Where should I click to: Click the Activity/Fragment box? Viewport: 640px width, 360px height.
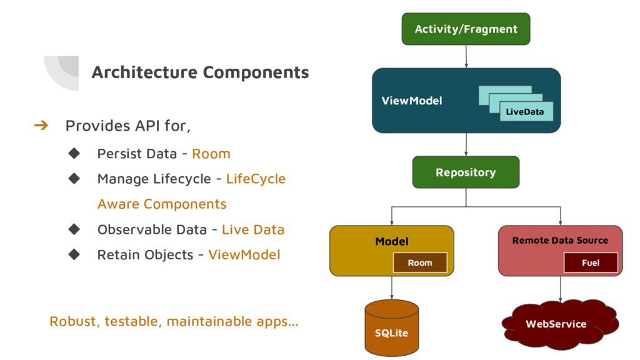pos(466,29)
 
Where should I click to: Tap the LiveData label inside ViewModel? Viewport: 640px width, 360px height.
pos(524,112)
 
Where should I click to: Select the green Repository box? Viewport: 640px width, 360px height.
pos(466,172)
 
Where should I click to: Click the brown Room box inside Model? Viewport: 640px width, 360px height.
pos(420,262)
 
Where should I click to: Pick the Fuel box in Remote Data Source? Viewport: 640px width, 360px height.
pos(591,262)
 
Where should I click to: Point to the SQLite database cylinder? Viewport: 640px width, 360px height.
pos(391,327)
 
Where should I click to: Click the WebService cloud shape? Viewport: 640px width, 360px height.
pos(560,324)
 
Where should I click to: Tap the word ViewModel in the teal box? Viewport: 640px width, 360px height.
pos(411,101)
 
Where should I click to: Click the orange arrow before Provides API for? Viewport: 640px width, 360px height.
pos(41,125)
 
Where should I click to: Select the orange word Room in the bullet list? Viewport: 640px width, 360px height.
pos(211,154)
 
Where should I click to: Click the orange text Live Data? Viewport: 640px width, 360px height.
pos(253,229)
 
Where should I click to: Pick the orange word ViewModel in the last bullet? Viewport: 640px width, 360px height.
pos(244,255)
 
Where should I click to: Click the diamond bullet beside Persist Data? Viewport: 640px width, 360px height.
pos(74,154)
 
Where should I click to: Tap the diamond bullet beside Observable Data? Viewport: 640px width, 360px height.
pos(74,229)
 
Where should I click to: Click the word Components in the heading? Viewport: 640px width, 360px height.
pos(256,72)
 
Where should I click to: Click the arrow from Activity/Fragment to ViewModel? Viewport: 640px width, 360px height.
pos(466,56)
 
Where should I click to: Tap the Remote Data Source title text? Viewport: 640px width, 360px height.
pos(560,241)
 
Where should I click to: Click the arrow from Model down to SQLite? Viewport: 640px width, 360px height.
pos(392,287)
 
